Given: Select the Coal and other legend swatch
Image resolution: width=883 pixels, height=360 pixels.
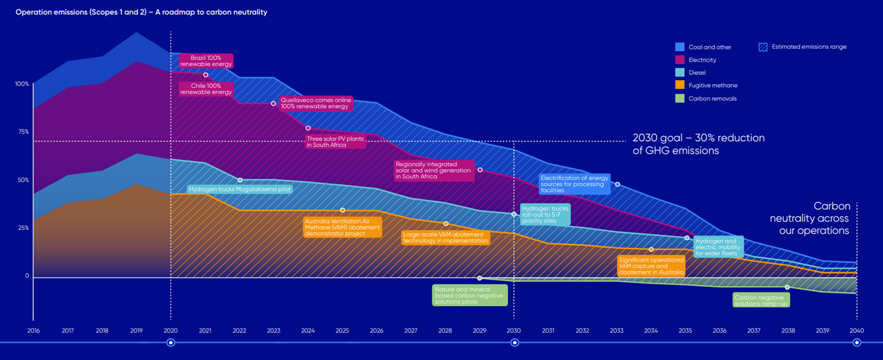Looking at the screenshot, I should click(x=680, y=47).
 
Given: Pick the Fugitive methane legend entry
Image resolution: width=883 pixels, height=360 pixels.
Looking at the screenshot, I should click(x=713, y=86).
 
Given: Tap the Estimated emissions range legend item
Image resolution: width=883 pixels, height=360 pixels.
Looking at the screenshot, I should click(x=809, y=47).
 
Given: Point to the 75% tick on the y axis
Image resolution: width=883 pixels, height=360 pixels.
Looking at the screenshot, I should click(x=23, y=132).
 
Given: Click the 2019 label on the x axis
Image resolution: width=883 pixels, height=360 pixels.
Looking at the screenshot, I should click(x=136, y=331).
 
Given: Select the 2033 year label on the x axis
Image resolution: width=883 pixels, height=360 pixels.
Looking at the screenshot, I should click(x=616, y=331).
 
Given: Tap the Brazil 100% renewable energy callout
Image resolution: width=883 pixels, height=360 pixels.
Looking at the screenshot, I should click(x=206, y=60).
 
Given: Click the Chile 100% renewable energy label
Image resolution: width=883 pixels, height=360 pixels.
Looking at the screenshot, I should click(x=206, y=89).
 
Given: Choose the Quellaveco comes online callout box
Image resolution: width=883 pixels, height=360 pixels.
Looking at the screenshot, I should click(x=314, y=103).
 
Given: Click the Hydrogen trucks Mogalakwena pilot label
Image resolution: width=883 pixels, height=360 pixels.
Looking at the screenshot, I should click(x=239, y=190).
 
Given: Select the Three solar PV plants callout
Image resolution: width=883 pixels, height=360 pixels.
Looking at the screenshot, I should click(x=335, y=142).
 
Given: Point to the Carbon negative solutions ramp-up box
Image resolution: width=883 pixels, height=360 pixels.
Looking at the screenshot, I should click(x=760, y=300).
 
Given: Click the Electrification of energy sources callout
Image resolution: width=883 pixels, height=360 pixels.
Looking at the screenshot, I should click(x=574, y=184).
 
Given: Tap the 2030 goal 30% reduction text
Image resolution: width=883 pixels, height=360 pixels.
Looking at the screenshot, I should click(x=698, y=144).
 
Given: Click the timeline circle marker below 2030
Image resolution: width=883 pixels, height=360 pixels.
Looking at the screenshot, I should click(x=514, y=343).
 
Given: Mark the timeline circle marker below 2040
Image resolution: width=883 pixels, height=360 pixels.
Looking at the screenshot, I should click(x=857, y=343).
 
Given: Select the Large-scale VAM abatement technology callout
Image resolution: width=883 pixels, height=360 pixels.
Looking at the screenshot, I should click(x=445, y=237).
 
